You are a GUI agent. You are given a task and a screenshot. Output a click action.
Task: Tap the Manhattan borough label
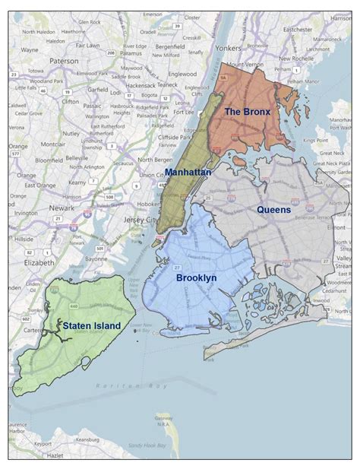click(x=188, y=173)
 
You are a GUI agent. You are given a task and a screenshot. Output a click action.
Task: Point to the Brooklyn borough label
click(x=197, y=278)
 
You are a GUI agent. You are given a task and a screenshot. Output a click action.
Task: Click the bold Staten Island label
click(x=91, y=325)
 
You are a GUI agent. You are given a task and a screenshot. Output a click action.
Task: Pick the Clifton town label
click(x=71, y=100)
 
